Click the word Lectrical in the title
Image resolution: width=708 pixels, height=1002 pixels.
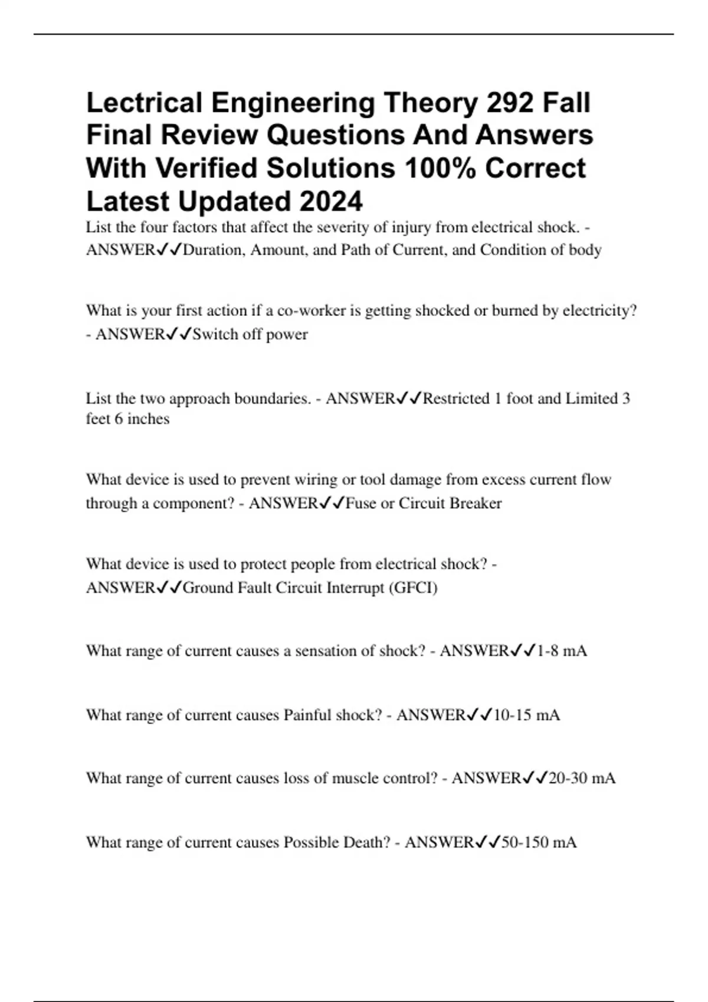tap(144, 103)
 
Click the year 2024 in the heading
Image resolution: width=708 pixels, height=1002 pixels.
tap(330, 201)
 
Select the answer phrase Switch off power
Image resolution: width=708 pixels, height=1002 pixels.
tap(250, 334)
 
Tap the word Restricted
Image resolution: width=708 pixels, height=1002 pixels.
tap(456, 398)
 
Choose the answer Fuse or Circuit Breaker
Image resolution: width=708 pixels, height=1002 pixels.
tap(423, 503)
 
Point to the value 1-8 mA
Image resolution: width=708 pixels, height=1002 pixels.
tap(562, 651)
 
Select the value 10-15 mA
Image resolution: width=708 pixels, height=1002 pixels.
tap(526, 715)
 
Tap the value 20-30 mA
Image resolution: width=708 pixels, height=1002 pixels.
tap(582, 778)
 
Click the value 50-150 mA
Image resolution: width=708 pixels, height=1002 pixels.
tap(539, 842)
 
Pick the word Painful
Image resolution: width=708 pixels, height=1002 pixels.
tap(307, 715)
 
